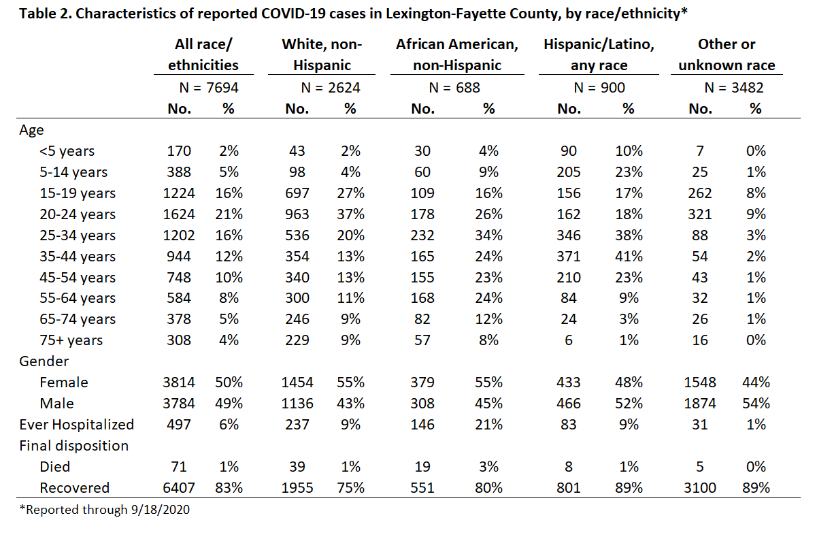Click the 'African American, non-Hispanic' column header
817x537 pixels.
click(457, 54)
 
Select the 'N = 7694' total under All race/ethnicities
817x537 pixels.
click(209, 88)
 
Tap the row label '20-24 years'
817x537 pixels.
click(78, 214)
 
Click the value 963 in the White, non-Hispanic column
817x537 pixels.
click(297, 214)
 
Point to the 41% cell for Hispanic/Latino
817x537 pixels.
click(629, 257)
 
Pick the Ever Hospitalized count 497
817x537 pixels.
click(179, 425)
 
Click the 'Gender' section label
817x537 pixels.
click(44, 361)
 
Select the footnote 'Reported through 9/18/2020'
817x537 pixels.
click(104, 510)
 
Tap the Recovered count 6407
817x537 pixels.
click(179, 488)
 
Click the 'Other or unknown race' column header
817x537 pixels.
click(727, 54)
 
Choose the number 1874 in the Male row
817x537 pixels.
click(699, 404)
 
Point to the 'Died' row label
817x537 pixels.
click(54, 467)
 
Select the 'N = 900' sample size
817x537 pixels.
click(599, 88)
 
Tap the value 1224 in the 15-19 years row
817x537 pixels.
click(179, 193)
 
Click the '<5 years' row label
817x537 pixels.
click(67, 151)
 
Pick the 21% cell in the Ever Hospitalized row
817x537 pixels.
click(488, 425)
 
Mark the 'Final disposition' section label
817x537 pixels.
click(73, 446)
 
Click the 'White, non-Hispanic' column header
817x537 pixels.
click(322, 54)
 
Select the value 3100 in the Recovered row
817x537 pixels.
click(699, 488)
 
